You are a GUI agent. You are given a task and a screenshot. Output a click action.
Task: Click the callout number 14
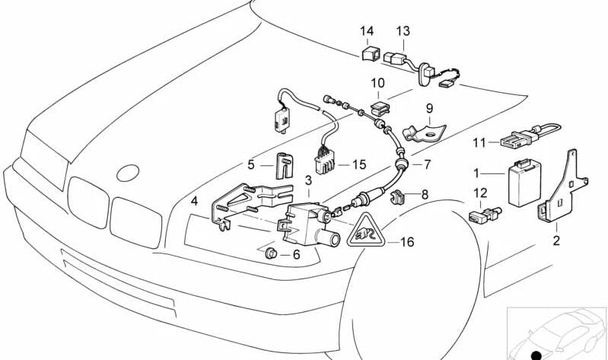click(x=368, y=31)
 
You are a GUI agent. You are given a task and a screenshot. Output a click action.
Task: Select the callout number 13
click(x=403, y=31)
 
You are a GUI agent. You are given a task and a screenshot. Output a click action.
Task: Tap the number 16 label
click(x=407, y=242)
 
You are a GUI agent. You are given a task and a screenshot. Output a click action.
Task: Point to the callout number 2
click(x=555, y=241)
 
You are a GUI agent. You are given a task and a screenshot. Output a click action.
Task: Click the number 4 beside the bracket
click(x=195, y=202)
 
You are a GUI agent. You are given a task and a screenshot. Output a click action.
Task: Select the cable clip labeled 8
click(x=395, y=199)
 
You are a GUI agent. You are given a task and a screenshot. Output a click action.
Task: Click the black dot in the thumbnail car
click(x=536, y=355)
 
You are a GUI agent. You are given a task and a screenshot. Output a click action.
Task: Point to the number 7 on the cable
click(x=427, y=164)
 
